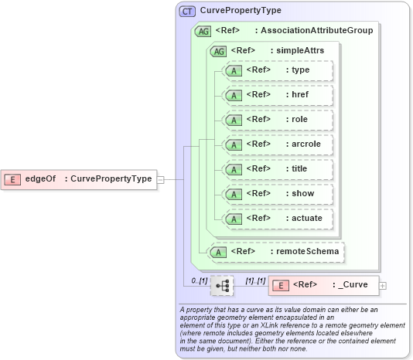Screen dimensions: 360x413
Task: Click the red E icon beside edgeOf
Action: click(12, 179)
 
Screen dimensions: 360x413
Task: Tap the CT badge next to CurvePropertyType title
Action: click(187, 12)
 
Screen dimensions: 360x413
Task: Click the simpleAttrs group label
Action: click(296, 50)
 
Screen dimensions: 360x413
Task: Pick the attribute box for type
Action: click(277, 70)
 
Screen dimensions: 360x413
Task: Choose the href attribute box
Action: click(277, 95)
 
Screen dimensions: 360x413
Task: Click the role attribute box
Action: click(277, 120)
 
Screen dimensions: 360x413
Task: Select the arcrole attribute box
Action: click(277, 144)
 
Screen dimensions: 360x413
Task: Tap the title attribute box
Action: click(277, 169)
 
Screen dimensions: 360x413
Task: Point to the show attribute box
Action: click(277, 194)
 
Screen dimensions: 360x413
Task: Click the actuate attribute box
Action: click(277, 219)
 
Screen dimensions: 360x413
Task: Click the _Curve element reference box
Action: click(323, 285)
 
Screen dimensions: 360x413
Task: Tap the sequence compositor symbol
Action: click(222, 285)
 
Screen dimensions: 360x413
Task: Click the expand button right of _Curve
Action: click(383, 285)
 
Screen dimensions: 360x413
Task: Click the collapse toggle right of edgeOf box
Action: click(161, 179)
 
